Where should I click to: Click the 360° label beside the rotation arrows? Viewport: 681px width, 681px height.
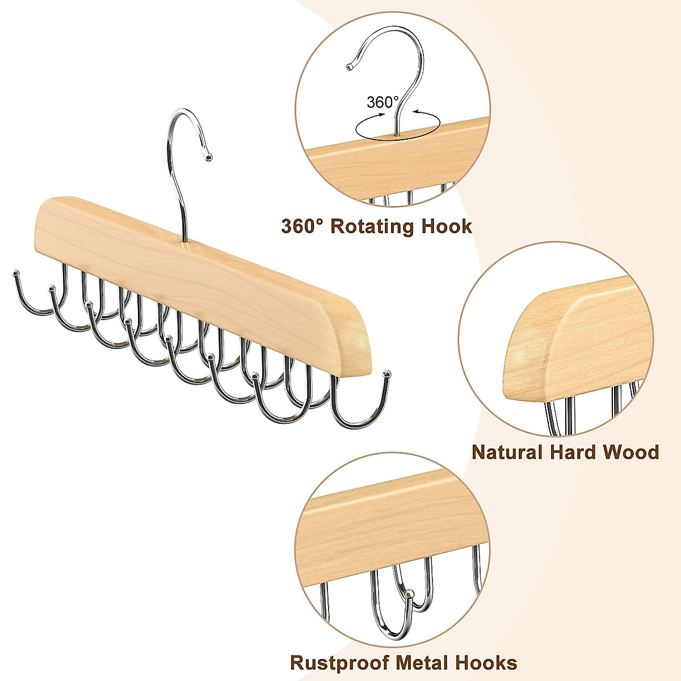coord(382,103)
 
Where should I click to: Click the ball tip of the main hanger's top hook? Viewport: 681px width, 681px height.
coord(209,157)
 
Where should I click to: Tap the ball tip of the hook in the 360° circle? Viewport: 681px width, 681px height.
coord(350,66)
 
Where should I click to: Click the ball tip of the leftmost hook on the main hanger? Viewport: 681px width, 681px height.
coord(16,272)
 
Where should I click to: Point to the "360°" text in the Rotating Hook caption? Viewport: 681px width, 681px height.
coord(302,226)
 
